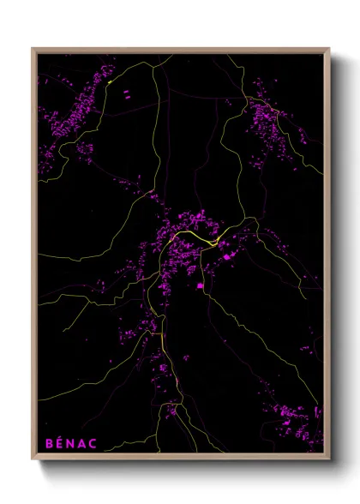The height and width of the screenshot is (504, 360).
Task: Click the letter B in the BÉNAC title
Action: tap(49, 443)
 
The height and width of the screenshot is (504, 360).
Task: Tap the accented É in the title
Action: tap(61, 443)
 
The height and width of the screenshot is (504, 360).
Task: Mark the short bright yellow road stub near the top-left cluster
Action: tap(111, 82)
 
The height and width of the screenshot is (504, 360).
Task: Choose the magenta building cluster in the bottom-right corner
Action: tap(291, 420)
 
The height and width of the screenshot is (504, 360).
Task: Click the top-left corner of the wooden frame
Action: tap(33, 50)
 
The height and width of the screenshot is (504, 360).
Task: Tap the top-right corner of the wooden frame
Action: tap(328, 50)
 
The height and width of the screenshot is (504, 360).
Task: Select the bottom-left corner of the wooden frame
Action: tap(33, 459)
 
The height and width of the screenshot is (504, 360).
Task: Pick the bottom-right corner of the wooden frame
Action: tap(328, 459)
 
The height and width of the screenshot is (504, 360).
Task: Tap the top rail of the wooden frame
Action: tap(180, 50)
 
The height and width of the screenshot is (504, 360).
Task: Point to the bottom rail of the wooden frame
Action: tap(180, 459)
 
